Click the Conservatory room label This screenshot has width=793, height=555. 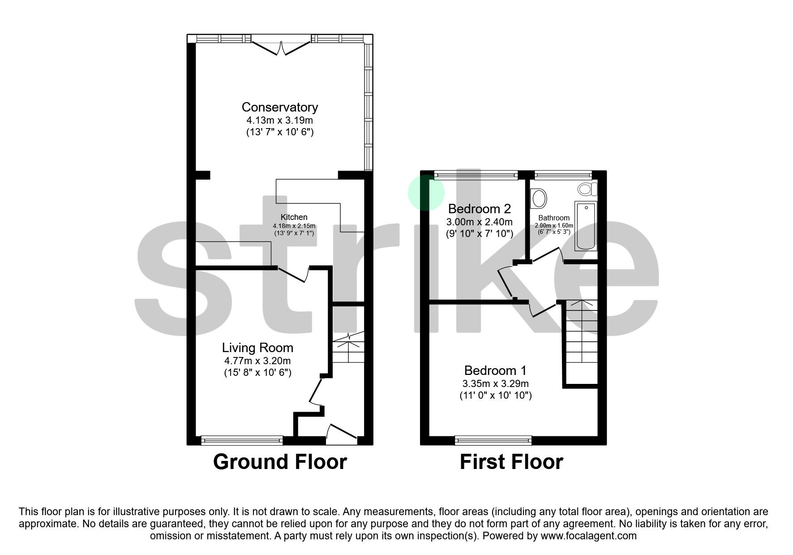[x=279, y=107]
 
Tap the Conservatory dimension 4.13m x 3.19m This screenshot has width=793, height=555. [x=279, y=120]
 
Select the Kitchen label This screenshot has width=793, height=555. [x=294, y=217]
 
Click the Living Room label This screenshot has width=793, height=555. [x=257, y=348]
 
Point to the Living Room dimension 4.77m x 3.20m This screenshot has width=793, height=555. [x=257, y=361]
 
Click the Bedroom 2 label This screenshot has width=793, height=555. [x=479, y=209]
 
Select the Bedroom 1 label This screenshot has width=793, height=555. [x=495, y=370]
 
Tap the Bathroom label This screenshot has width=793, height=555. [x=554, y=218]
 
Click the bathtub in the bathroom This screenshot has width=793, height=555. [x=586, y=226]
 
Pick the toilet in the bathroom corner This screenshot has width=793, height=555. [x=587, y=189]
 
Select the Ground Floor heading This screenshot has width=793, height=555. [x=280, y=462]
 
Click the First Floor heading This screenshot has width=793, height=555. [x=511, y=462]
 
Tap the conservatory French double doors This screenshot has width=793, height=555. [x=281, y=47]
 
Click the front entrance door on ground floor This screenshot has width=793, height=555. [x=342, y=433]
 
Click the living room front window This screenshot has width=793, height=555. [x=242, y=440]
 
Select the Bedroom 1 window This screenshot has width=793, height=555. [x=493, y=440]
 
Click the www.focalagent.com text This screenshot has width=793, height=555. [x=588, y=536]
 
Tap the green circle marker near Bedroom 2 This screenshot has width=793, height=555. [x=426, y=193]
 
